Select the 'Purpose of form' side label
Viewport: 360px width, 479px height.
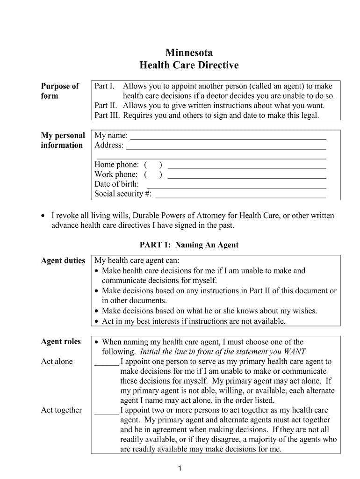coord(60,91)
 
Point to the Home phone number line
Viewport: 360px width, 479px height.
coord(246,167)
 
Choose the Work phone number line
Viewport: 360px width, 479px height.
coord(246,177)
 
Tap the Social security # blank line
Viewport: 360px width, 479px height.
coord(240,196)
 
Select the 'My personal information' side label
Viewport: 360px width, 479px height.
coord(63,140)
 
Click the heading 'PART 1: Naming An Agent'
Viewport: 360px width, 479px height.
coord(189,245)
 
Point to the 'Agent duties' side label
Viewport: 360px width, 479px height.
coord(63,261)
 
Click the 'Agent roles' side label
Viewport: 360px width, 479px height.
coord(61,341)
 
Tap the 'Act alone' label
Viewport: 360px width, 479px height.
coord(57,362)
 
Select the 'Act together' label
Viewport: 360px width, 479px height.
coord(61,410)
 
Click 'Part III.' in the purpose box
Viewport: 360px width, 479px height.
coord(107,115)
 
